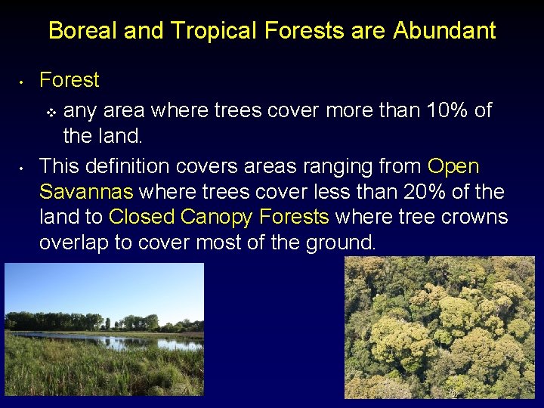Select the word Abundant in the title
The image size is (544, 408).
coord(444,31)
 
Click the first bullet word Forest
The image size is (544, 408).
coord(70,80)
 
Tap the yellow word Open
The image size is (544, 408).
coord(453,165)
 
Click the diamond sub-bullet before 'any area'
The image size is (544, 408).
coord(51,113)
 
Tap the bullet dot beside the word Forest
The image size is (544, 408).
coord(23,81)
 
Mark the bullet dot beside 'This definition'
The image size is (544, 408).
coord(23,166)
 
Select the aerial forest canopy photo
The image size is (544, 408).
coord(439,327)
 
